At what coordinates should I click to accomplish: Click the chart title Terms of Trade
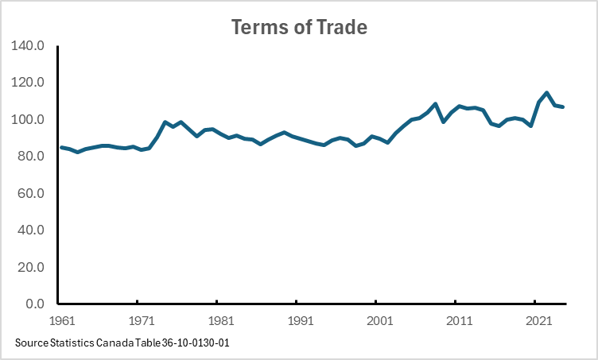pos(299,27)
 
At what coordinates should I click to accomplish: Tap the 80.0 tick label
pos(33,157)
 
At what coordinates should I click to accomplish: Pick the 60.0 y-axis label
pos(33,194)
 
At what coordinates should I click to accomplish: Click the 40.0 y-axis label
pos(33,230)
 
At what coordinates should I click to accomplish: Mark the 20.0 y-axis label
pos(33,268)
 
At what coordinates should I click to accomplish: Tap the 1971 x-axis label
pos(141,322)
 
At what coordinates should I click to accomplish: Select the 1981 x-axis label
pos(220,322)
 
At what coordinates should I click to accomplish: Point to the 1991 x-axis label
pos(300,322)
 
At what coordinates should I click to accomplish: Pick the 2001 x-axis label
pos(379,322)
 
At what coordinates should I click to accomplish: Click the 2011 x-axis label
pos(458,322)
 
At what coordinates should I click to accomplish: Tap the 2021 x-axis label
pos(538,322)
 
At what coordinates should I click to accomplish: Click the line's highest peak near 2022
pos(546,93)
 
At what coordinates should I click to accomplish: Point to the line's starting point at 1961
pos(62,147)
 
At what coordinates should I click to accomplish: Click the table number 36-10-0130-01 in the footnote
pos(194,343)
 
